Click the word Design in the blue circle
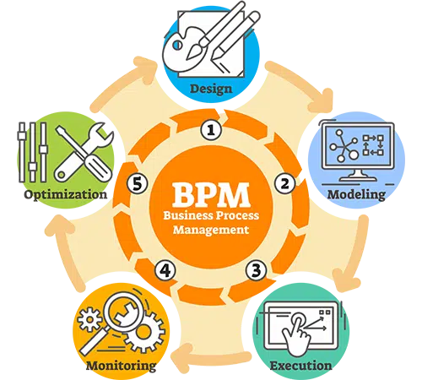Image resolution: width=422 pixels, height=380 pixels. [211, 90]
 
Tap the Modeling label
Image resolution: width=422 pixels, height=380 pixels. [356, 195]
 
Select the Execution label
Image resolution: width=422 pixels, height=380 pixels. [300, 366]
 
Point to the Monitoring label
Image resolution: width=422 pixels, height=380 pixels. [122, 366]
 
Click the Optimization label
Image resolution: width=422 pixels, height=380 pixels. [66, 195]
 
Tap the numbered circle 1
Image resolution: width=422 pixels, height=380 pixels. [211, 130]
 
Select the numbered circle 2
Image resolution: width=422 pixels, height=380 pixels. [284, 183]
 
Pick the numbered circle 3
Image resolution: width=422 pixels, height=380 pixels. [256, 270]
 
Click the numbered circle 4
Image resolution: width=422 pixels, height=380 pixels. [165, 270]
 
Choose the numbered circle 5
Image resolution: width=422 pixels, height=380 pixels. [138, 183]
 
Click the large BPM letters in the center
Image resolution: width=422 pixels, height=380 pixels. [211, 195]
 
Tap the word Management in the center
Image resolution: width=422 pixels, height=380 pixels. [211, 231]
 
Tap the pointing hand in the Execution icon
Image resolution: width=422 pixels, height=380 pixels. [297, 336]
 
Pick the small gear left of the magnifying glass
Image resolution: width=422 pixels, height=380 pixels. [89, 319]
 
